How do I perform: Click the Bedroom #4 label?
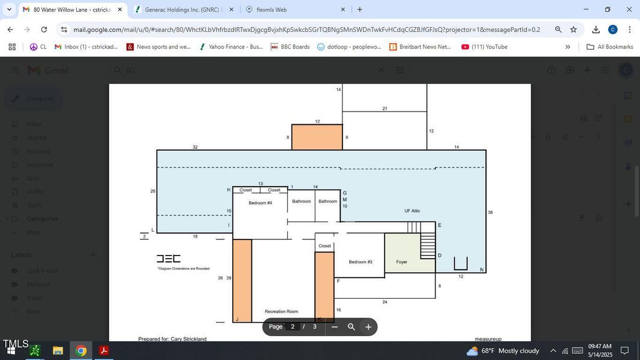tap(260, 203)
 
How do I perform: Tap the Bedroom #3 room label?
tap(360, 262)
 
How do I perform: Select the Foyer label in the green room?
tap(402, 262)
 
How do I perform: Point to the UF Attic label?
tap(412, 211)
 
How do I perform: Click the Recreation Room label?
tap(281, 311)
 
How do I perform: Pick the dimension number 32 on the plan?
tap(195, 147)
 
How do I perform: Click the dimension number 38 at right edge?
tap(490, 212)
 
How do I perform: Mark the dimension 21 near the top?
tap(384, 109)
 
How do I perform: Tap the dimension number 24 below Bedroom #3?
tap(384, 302)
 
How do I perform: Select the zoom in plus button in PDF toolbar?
tap(368, 327)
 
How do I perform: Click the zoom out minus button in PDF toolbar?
tap(335, 327)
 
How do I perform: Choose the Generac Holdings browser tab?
tap(180, 10)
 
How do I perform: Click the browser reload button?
tap(44, 29)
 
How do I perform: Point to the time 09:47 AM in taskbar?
tap(599, 346)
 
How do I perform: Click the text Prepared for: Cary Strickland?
tap(172, 339)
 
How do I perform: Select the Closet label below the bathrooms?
tap(324, 246)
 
